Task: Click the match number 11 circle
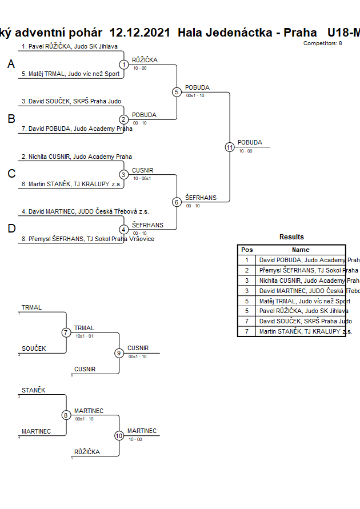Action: click(x=230, y=147)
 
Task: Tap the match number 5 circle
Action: click(x=177, y=92)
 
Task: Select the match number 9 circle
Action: click(x=119, y=353)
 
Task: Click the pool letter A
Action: click(x=11, y=65)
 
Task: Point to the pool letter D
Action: click(x=11, y=229)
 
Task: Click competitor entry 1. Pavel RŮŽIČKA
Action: click(x=70, y=46)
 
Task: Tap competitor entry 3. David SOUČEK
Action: click(x=71, y=101)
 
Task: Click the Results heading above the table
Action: click(x=291, y=237)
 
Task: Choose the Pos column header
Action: click(x=247, y=250)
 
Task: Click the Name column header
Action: click(x=301, y=250)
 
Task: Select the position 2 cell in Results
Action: click(x=247, y=270)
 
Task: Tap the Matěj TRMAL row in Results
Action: click(x=305, y=301)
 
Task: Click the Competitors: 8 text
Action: click(x=323, y=43)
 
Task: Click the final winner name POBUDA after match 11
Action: click(x=250, y=142)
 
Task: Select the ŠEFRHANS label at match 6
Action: click(x=201, y=198)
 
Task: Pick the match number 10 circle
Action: click(x=119, y=436)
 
